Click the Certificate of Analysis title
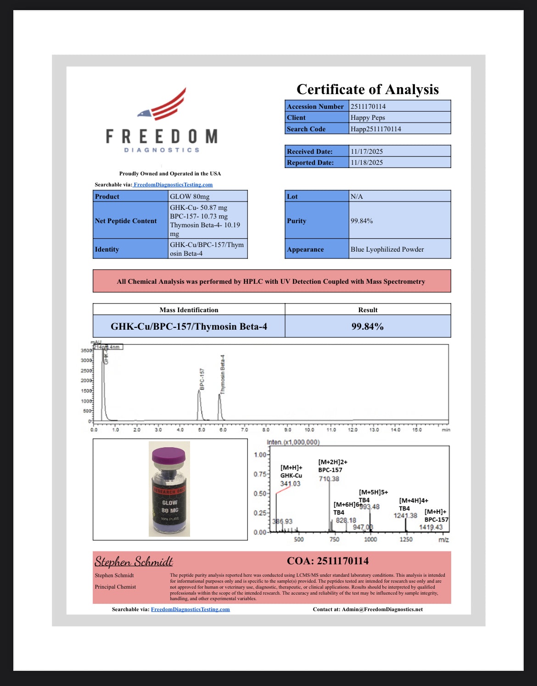(x=367, y=89)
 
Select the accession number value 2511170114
(x=368, y=107)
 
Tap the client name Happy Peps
(x=368, y=118)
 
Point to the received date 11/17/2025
(x=367, y=152)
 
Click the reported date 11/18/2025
(x=367, y=163)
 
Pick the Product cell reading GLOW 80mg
(x=190, y=197)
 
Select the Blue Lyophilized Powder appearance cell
(x=387, y=249)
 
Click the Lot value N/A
(x=357, y=197)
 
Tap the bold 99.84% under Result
(x=367, y=326)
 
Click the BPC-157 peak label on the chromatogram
(x=202, y=379)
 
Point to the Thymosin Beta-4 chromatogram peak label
(x=223, y=374)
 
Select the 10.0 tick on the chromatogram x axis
(x=309, y=430)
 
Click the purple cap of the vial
(x=168, y=455)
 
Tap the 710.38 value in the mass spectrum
(x=329, y=479)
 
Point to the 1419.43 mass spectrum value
(x=431, y=527)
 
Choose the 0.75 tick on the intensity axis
(x=260, y=474)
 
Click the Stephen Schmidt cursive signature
(x=134, y=562)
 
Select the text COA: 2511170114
(x=327, y=561)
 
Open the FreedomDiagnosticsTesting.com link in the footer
(x=190, y=609)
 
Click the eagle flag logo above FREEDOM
(x=163, y=105)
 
